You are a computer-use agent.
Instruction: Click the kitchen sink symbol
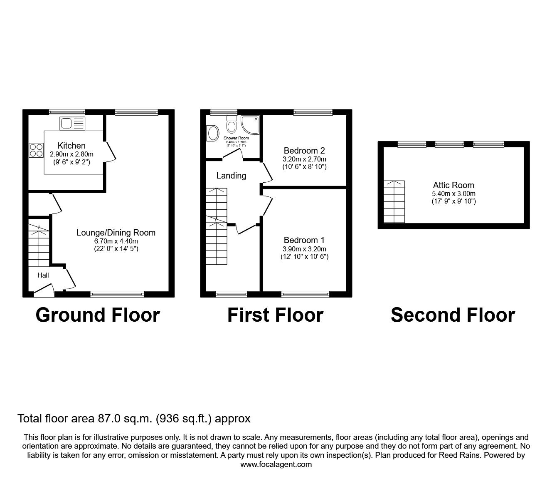[72, 123]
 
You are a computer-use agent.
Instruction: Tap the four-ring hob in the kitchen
[36, 150]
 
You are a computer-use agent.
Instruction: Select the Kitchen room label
[71, 146]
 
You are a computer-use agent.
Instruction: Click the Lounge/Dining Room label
[116, 233]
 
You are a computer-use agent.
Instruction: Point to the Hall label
[43, 275]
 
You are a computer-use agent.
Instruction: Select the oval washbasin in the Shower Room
[213, 134]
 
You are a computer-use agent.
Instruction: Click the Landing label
[231, 176]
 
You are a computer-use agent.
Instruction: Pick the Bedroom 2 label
[304, 151]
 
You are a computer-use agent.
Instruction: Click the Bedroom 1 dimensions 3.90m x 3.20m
[304, 249]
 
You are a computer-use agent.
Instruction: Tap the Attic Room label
[453, 185]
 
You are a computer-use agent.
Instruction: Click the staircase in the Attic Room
[394, 202]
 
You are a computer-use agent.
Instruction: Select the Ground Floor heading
[98, 315]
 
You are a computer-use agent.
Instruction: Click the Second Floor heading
[453, 315]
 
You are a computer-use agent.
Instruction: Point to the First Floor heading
[275, 315]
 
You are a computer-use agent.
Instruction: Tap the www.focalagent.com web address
[276, 464]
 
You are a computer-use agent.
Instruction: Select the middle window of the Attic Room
[450, 144]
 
